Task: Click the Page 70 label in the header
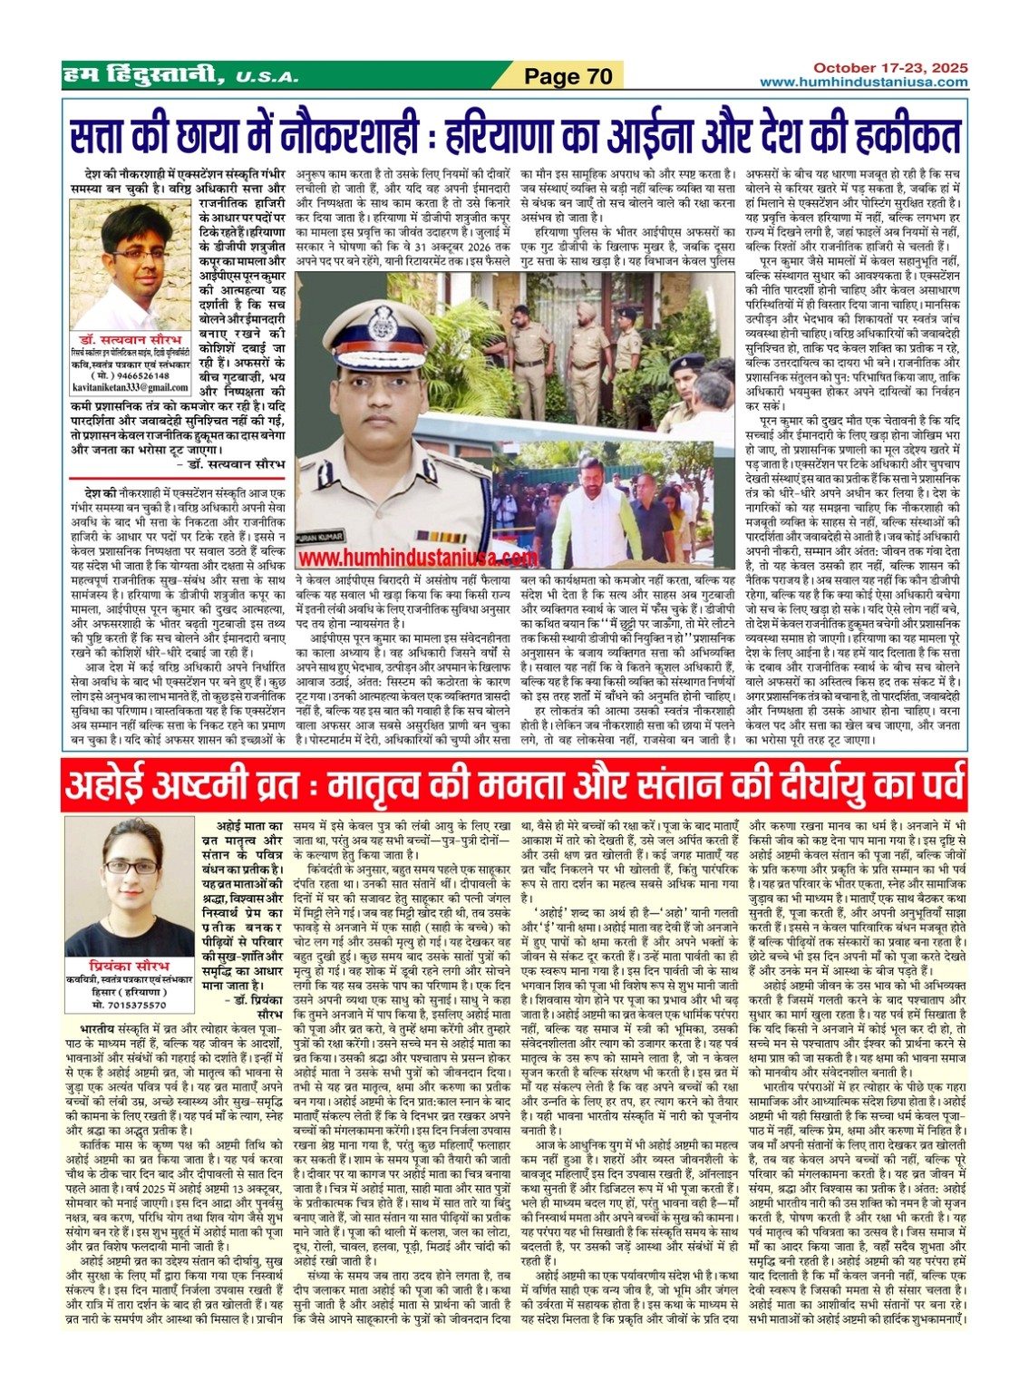(568, 77)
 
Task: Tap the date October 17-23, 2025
(889, 68)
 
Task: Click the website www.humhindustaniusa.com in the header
(863, 83)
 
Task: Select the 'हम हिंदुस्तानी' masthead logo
(141, 77)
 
